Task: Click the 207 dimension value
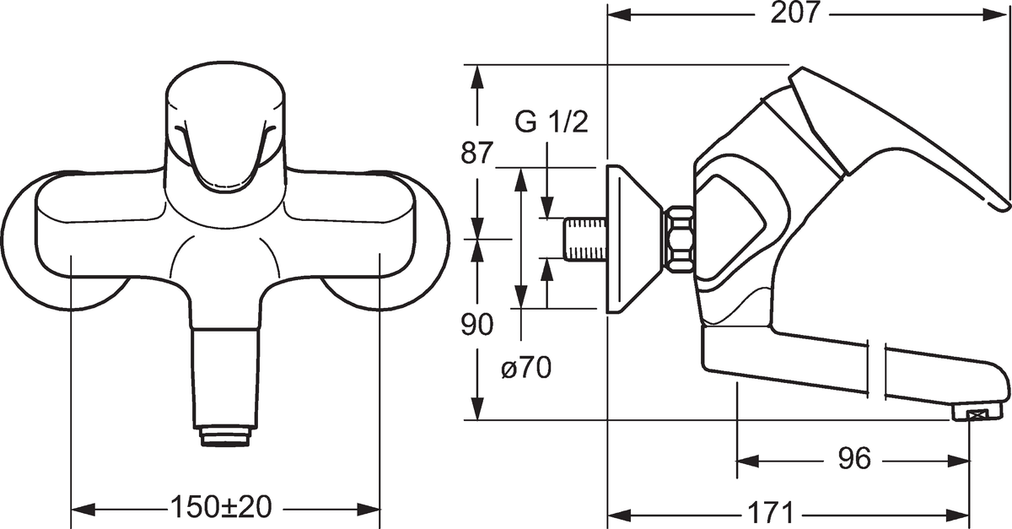click(796, 14)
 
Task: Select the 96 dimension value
click(853, 459)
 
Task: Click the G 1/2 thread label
click(551, 123)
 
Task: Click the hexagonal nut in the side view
click(678, 239)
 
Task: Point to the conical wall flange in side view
click(629, 239)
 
